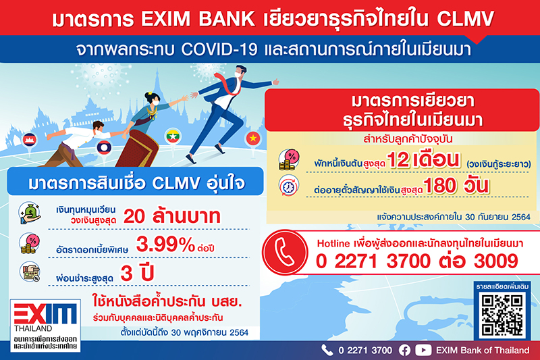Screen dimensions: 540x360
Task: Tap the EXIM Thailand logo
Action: [45, 326]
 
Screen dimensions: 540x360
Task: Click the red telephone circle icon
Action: [285, 252]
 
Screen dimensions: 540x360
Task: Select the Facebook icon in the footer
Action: [404, 351]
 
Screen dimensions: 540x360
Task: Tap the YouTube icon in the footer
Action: [423, 351]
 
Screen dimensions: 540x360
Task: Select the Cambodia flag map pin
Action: [29, 142]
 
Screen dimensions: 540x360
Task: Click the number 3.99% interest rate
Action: [165, 245]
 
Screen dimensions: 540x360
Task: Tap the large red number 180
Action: [439, 186]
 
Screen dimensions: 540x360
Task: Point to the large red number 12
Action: [398, 160]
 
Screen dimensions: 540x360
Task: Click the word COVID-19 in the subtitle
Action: [219, 49]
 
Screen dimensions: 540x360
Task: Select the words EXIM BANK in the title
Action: [198, 19]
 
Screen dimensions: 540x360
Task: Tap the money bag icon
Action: [30, 213]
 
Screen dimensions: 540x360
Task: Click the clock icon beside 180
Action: [289, 186]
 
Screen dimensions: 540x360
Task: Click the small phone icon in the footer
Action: [327, 350]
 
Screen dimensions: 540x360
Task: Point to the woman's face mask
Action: [156, 102]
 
